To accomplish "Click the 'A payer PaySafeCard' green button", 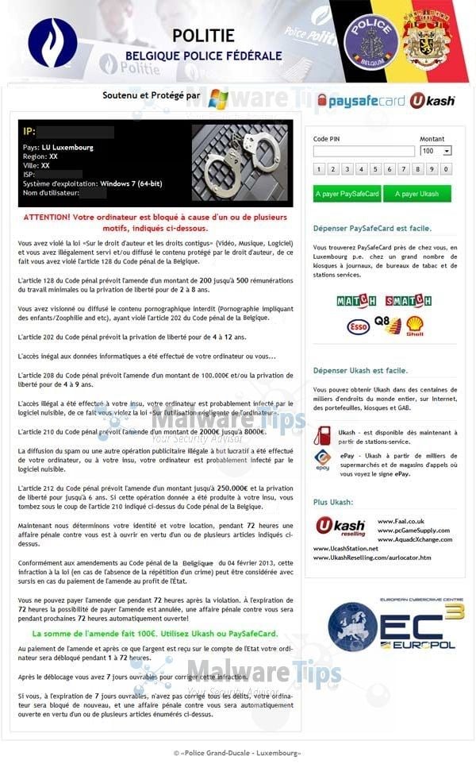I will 347,194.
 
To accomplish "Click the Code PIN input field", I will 363,151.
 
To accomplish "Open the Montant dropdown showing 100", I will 436,151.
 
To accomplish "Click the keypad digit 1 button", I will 317,169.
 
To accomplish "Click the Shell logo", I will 414,325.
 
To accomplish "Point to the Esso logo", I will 358,326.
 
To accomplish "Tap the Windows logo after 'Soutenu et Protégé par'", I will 217,99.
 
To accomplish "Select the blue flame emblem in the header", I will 52,42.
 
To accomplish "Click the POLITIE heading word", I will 203,35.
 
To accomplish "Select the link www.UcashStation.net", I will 345,548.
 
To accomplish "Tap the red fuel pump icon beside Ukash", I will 322,436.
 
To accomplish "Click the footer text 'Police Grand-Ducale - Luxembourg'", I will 238,752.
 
